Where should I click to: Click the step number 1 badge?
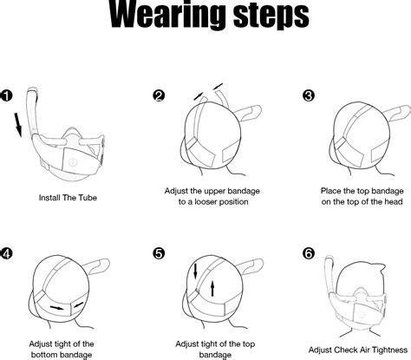[6, 95]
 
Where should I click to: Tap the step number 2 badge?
[159, 95]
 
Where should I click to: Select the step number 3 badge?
[309, 95]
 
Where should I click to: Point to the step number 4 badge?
[6, 253]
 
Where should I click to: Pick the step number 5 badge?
[159, 253]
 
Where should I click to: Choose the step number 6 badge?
[309, 253]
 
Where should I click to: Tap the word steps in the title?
[271, 16]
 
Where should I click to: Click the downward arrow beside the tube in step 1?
[18, 125]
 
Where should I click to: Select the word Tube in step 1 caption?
[87, 198]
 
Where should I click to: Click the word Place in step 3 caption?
[330, 191]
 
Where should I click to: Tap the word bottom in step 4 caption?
[43, 355]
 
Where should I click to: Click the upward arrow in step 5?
[212, 288]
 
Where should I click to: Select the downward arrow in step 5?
[195, 272]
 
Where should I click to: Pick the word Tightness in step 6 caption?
[390, 350]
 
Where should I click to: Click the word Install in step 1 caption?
[49, 198]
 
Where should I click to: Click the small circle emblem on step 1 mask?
[74, 162]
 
